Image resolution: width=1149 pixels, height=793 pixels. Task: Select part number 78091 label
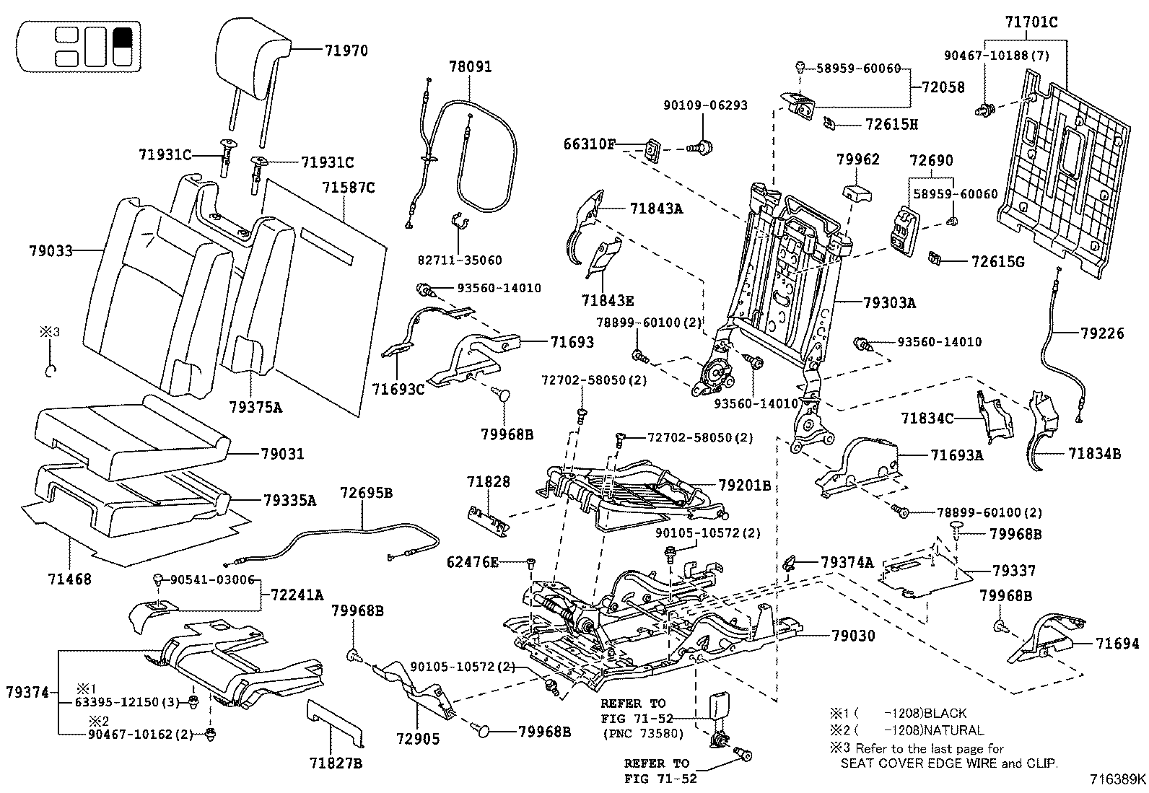click(x=469, y=67)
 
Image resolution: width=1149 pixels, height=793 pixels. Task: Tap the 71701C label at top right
click(x=1031, y=22)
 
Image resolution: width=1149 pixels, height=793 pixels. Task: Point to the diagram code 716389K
click(x=1117, y=779)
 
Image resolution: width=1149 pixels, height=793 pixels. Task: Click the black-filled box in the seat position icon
click(x=122, y=37)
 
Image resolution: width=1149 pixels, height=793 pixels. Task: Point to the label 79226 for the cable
click(x=1102, y=333)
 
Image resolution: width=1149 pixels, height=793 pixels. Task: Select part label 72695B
click(x=366, y=493)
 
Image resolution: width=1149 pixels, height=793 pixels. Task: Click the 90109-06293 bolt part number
click(x=705, y=105)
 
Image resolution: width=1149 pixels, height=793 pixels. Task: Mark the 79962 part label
click(x=858, y=159)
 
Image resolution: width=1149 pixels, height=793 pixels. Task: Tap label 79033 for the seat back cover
click(x=51, y=251)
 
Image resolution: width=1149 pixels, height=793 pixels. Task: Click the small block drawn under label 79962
click(x=857, y=193)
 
